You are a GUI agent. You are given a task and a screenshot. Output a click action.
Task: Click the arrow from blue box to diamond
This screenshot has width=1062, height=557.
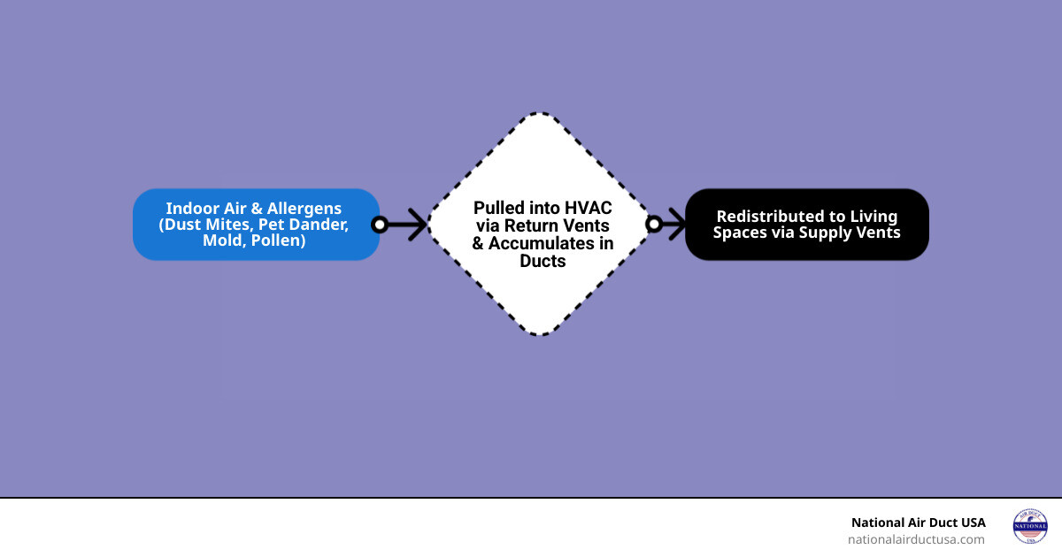[x=409, y=225]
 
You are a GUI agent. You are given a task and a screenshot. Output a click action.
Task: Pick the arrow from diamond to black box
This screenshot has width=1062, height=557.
[x=673, y=225]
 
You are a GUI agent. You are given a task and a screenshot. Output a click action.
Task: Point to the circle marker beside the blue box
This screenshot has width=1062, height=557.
[x=380, y=225]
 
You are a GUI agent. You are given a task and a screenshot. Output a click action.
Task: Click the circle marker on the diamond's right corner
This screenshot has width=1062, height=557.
[x=654, y=225]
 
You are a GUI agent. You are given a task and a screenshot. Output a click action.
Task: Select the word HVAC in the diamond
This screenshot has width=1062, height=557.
[x=587, y=208]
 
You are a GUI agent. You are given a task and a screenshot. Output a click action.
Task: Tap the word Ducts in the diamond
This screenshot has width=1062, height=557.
[x=543, y=261]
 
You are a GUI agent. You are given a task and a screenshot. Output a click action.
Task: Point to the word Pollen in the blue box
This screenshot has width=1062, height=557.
[x=276, y=240]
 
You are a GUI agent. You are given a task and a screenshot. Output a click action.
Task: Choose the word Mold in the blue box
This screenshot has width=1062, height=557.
[x=221, y=240]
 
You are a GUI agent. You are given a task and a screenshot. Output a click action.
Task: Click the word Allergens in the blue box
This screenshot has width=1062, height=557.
[x=300, y=209]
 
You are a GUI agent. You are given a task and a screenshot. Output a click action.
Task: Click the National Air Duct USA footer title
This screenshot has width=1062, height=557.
[x=918, y=523]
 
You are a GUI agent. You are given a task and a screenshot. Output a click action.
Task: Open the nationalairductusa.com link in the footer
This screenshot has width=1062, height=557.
[x=916, y=539]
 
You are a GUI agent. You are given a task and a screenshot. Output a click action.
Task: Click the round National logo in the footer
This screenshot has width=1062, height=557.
[x=1029, y=526]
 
